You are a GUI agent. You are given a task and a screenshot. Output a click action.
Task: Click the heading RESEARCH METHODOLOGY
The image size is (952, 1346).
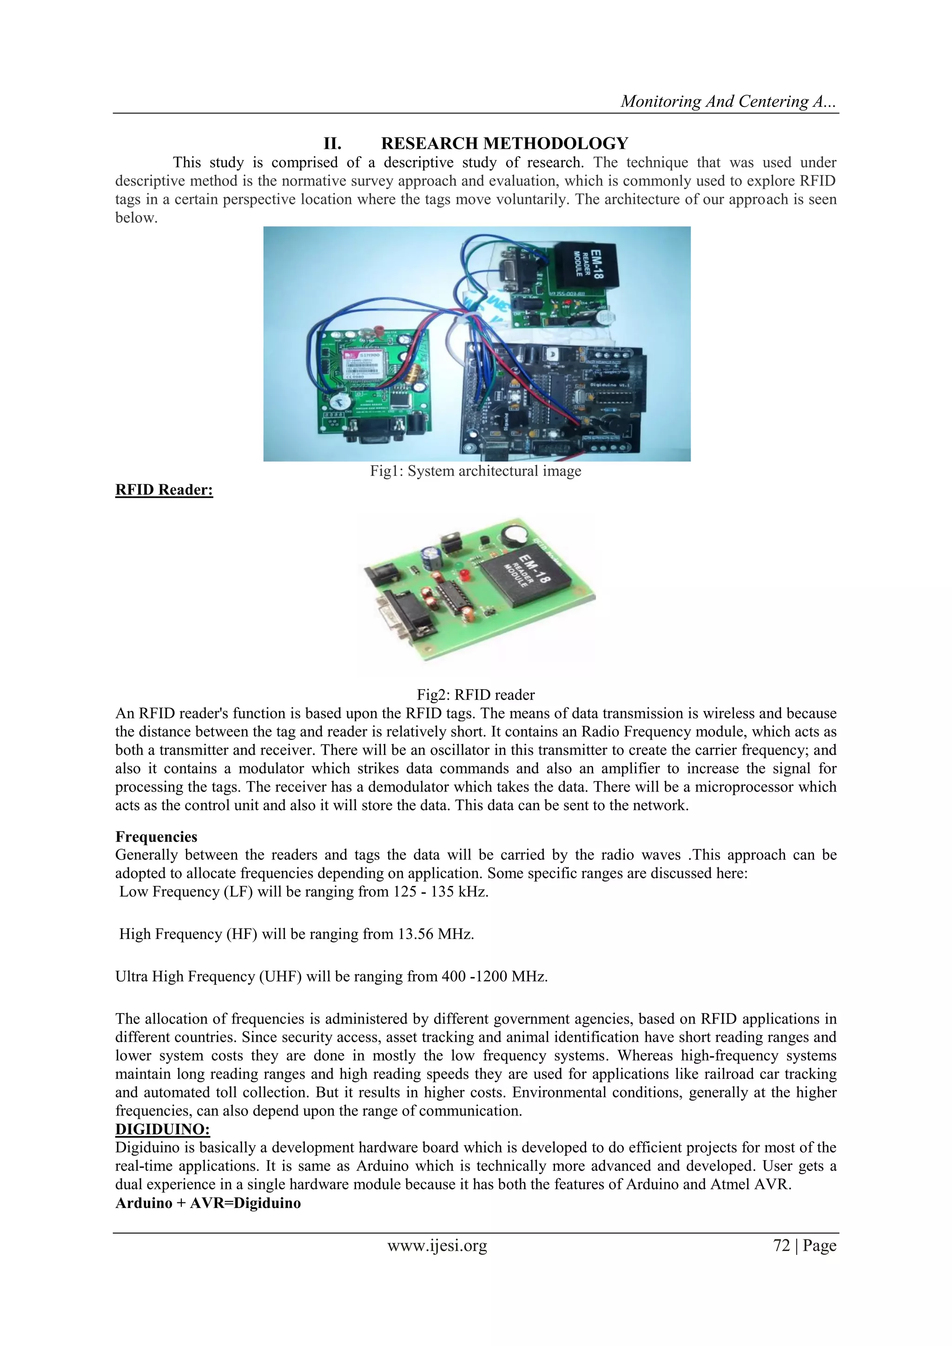tap(504, 144)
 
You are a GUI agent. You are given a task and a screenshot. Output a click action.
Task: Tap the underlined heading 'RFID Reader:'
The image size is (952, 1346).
tap(164, 490)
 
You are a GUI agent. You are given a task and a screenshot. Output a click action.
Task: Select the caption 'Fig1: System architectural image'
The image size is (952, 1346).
tap(476, 471)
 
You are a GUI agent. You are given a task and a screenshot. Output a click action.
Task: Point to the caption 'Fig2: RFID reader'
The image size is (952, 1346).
tap(476, 695)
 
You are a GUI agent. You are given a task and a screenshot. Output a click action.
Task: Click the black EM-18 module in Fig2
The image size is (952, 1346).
tap(525, 577)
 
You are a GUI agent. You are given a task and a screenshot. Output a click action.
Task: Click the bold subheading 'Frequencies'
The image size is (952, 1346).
tap(156, 837)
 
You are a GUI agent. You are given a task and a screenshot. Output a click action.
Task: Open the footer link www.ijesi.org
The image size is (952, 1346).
tap(437, 1246)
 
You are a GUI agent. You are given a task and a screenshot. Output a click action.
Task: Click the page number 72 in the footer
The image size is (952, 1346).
tap(781, 1246)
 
